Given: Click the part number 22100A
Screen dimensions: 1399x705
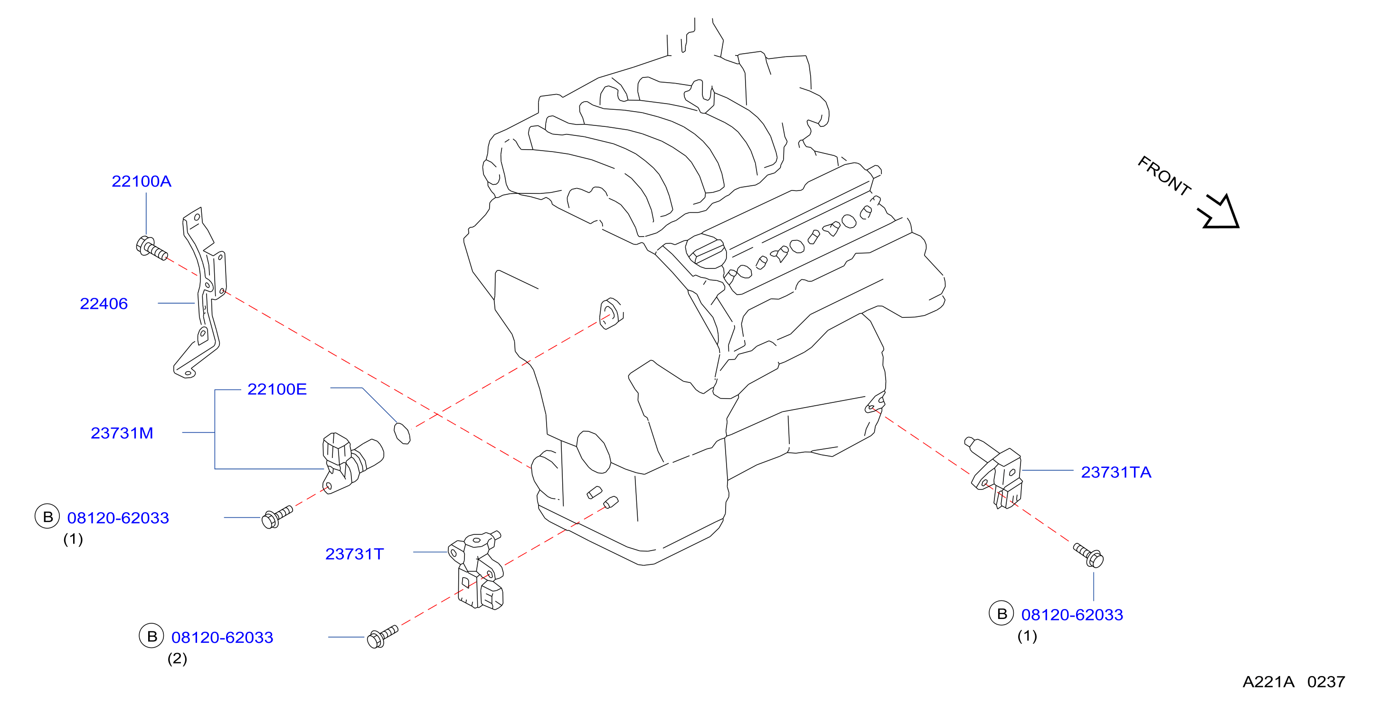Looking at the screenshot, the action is (141, 181).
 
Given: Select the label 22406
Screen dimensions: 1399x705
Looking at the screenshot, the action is (104, 304).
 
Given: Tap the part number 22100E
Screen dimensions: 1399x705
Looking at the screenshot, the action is (277, 389).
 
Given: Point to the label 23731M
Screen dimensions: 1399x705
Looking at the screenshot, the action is (122, 433).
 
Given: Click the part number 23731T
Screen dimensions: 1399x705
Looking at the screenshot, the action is (354, 554).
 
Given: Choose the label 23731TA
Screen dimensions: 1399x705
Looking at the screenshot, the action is (1116, 472).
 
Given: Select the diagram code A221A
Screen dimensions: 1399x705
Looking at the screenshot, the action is (1268, 682).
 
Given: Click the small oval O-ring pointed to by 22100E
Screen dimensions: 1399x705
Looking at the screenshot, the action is (402, 433).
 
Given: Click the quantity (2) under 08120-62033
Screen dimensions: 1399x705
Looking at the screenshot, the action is (177, 658).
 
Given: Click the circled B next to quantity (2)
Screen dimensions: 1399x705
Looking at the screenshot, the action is (151, 636).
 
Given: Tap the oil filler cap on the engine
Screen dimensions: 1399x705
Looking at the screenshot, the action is (706, 251).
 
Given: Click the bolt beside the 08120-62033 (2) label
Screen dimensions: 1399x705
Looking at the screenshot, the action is (382, 636).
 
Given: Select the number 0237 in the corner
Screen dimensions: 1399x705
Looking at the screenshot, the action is (1326, 682).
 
